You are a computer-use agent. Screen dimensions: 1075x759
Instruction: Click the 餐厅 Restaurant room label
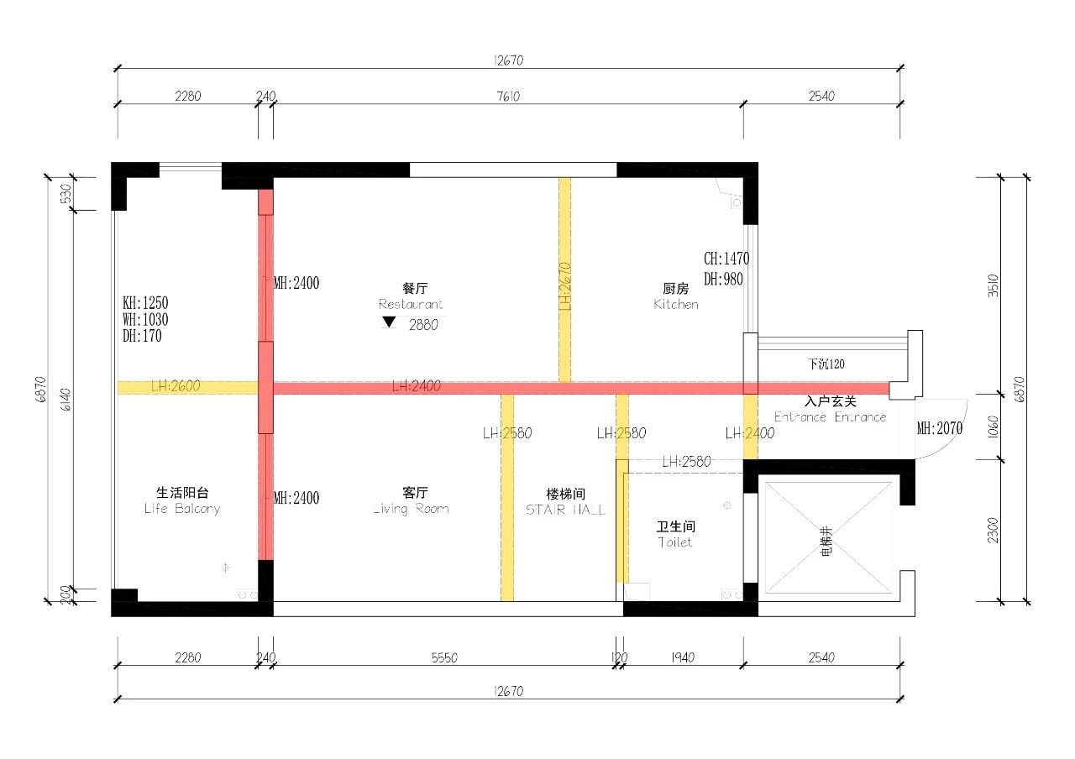[410, 296]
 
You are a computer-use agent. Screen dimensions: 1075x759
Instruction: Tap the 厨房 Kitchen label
[676, 296]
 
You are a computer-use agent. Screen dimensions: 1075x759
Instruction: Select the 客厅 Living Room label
[411, 500]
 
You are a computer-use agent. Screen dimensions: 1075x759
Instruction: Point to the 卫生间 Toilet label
[675, 535]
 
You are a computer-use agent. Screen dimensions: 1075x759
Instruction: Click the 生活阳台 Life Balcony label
[182, 500]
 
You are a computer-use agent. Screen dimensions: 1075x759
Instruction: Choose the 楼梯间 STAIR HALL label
[565, 501]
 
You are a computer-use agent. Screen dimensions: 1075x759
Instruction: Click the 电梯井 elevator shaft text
[826, 542]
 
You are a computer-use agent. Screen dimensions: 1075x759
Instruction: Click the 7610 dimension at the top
[507, 97]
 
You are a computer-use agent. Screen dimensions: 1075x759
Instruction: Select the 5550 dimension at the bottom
[444, 658]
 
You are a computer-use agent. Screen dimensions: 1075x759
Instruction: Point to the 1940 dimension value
[683, 658]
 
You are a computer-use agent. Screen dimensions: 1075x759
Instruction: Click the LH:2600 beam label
[176, 387]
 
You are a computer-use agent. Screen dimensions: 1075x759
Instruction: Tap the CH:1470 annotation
[726, 259]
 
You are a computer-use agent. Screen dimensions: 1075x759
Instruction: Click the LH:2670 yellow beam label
[565, 285]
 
